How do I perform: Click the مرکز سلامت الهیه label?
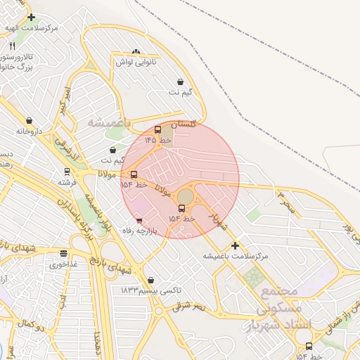pos(32,27)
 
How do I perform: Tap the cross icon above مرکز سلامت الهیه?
pos(31,17)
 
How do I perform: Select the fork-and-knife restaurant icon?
pos(13,46)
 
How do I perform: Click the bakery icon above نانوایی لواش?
pos(135,51)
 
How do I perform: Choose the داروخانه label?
pos(30,131)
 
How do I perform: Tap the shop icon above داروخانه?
pos(29,121)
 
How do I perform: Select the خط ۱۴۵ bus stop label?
pos(158,141)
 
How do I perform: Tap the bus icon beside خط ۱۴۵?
pos(157,129)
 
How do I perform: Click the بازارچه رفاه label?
pos(138,231)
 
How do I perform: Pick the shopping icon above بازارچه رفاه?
pos(139,221)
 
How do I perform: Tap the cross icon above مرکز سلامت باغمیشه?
pos(235,245)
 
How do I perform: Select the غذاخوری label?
pos(64,265)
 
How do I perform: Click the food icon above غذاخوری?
pos(64,254)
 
